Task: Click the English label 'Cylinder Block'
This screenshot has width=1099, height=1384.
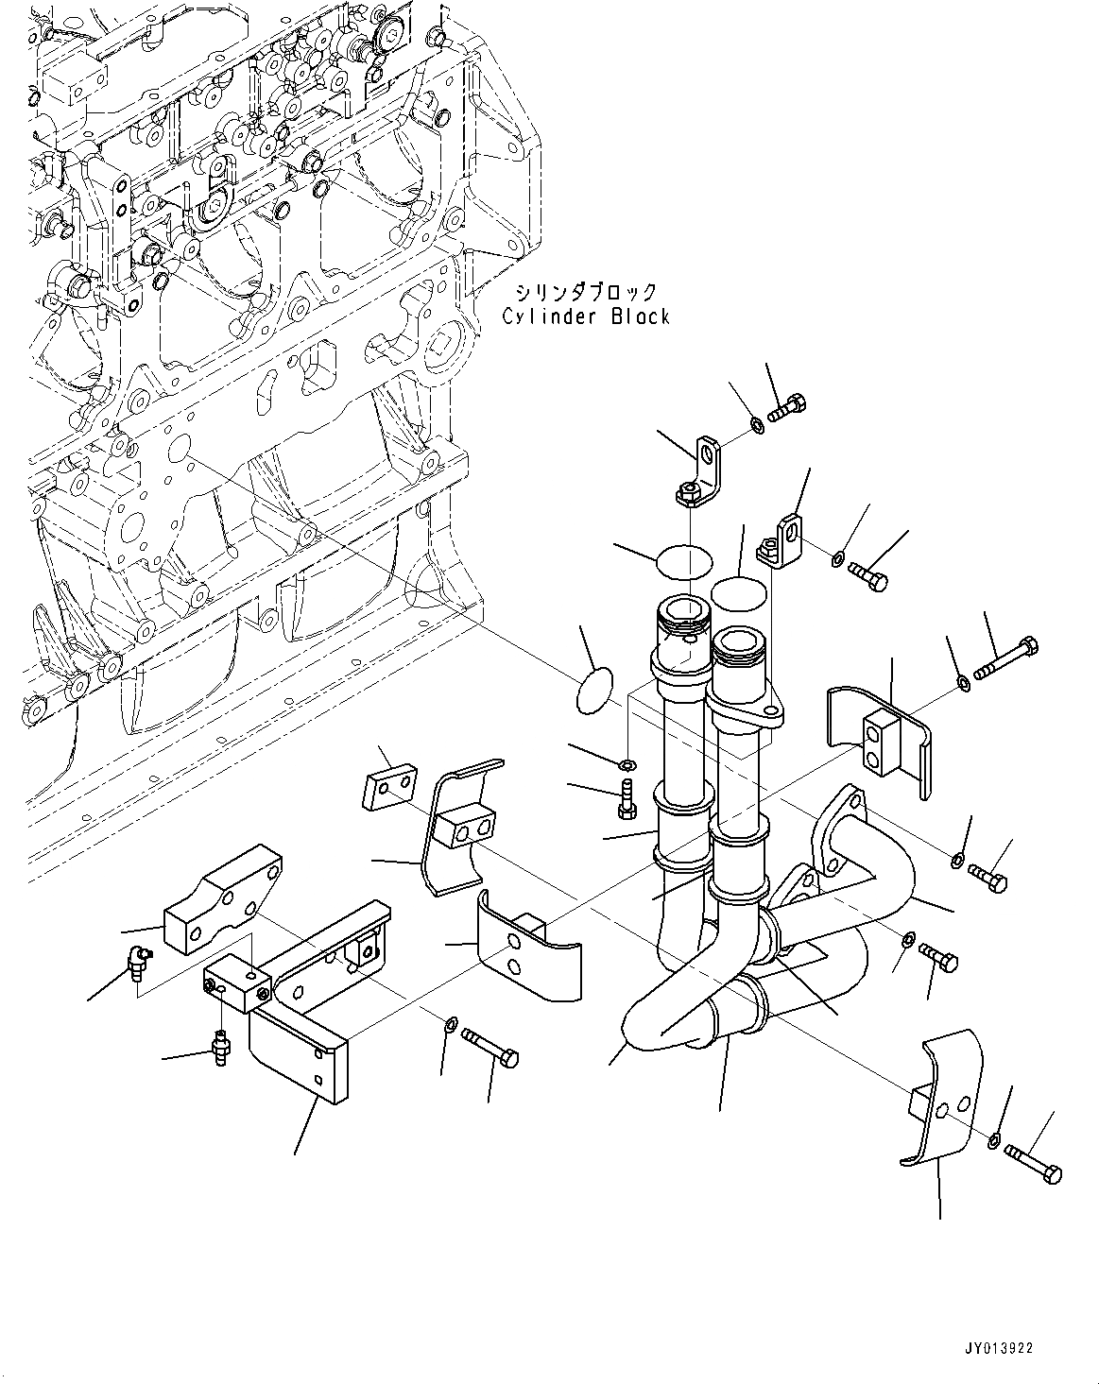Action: point(586,317)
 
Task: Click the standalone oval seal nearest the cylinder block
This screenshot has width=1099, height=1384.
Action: point(593,692)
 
